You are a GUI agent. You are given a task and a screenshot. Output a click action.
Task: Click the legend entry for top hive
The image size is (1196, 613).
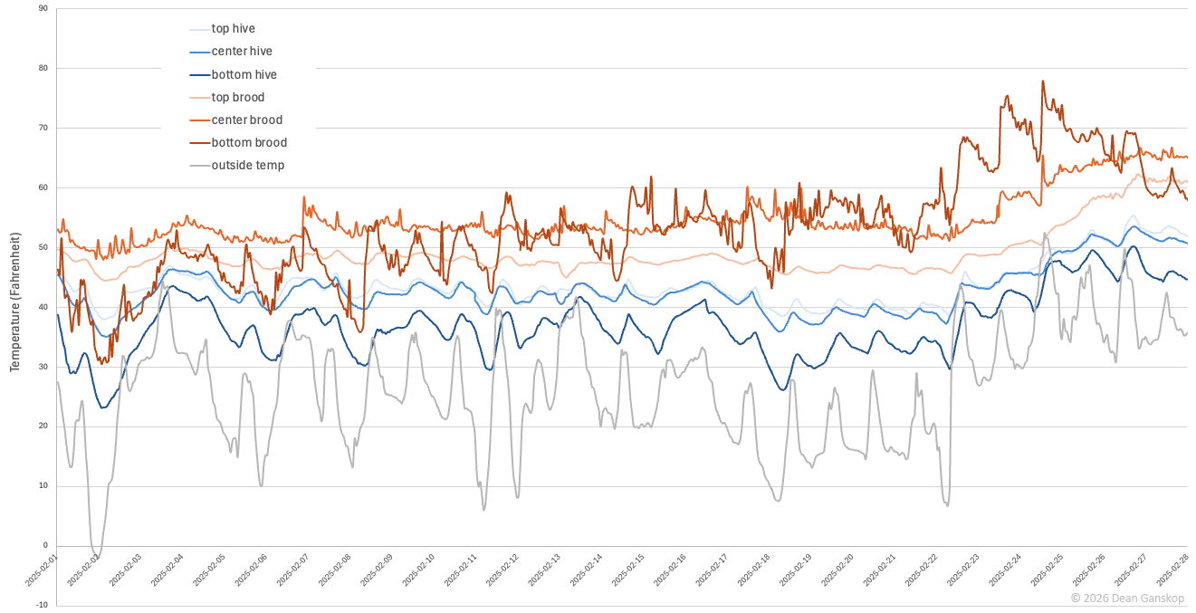(x=233, y=29)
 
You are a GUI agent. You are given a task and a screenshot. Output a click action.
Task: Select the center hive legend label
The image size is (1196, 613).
(x=241, y=52)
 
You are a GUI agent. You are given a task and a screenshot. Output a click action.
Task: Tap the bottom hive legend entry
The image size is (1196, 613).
(x=244, y=74)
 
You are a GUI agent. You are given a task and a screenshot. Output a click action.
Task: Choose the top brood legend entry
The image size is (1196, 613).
(x=237, y=97)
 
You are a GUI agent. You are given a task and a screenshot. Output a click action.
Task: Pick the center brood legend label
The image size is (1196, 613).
(x=246, y=120)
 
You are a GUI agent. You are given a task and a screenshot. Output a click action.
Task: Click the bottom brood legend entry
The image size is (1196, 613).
(x=249, y=142)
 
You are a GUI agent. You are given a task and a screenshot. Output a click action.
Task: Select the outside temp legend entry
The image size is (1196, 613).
(x=247, y=165)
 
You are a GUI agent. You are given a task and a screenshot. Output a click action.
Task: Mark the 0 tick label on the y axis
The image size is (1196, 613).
(x=44, y=546)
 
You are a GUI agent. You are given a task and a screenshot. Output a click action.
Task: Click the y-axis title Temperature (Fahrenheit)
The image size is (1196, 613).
(x=15, y=307)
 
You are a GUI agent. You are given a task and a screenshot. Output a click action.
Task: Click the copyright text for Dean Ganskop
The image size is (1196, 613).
(x=1126, y=598)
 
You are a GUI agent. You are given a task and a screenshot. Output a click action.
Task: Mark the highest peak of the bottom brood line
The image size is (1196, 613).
(x=1043, y=81)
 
